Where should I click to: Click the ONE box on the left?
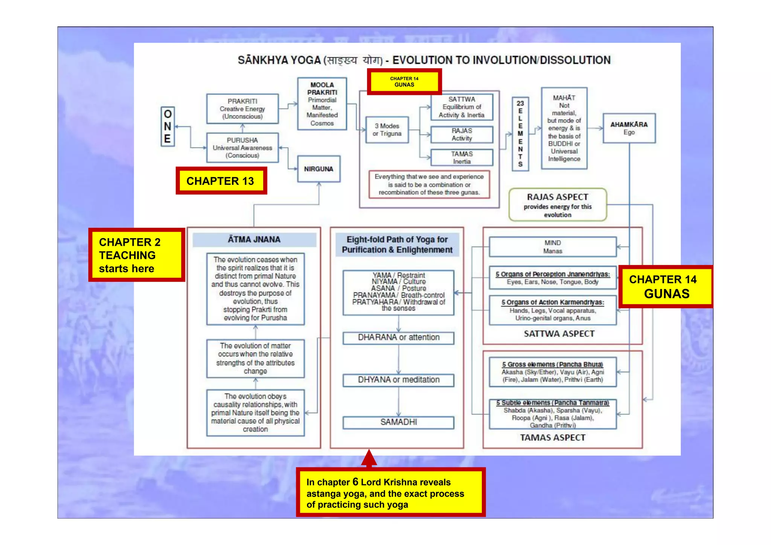coord(168,126)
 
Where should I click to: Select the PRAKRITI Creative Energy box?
coord(242,109)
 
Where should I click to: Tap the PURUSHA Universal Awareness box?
coord(242,148)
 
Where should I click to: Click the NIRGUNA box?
coord(318,169)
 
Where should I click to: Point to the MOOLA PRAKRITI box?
coord(322,104)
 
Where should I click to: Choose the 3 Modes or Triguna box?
coord(387,130)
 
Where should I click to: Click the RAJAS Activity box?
coord(462,134)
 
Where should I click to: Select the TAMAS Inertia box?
coord(462,158)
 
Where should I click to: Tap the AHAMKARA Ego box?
coord(629,128)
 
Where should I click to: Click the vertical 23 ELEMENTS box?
coord(520,134)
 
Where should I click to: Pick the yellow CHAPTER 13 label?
coord(221,181)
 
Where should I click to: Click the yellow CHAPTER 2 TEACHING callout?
coord(136,255)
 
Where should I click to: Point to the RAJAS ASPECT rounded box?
coord(558,205)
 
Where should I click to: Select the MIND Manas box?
coord(552,247)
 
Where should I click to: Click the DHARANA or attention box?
coord(398,338)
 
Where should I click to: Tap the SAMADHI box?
coord(398,422)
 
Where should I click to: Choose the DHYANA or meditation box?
coord(398,380)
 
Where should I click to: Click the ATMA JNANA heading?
coord(254,240)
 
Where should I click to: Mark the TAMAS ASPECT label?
coord(552,438)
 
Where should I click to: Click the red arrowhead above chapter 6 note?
coord(369,458)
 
